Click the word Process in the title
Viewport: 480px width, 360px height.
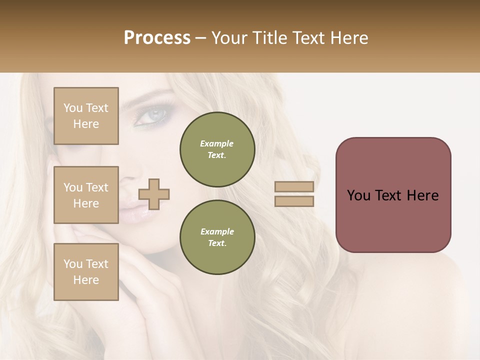(x=157, y=38)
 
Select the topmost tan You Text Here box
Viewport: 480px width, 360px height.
(x=86, y=116)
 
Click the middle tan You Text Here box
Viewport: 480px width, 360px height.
(x=86, y=195)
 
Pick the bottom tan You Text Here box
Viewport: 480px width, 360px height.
(x=86, y=272)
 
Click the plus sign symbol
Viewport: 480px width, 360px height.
(x=154, y=194)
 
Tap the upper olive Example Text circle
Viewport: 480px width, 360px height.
(x=217, y=149)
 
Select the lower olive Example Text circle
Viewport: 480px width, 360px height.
(x=217, y=237)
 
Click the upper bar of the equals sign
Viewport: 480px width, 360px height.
(x=294, y=186)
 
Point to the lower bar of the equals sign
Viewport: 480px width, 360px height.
(x=294, y=201)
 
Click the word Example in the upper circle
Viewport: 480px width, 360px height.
(x=217, y=143)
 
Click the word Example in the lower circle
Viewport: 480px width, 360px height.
(x=217, y=231)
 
